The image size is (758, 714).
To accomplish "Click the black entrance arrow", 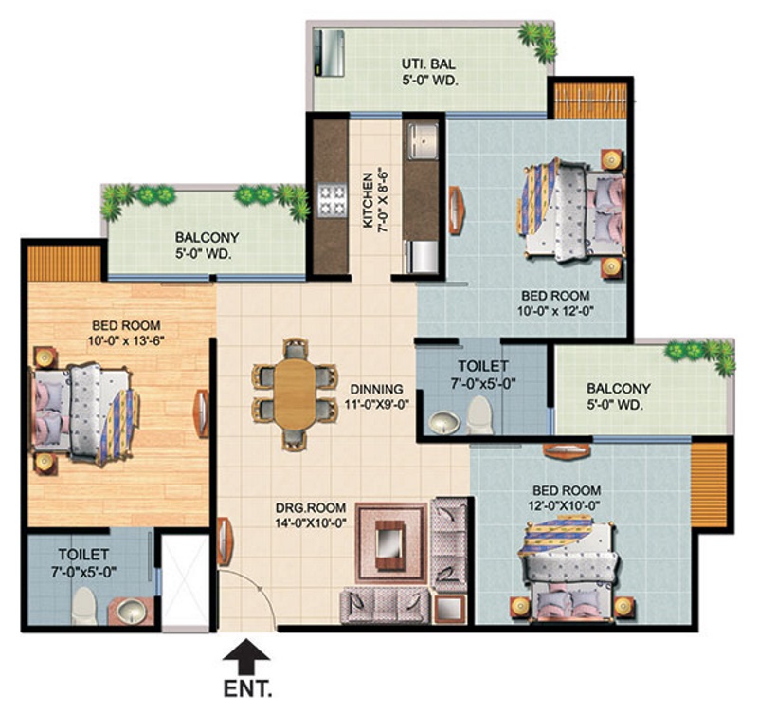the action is pos(246,656).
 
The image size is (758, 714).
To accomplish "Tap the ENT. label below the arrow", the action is pos(247,688).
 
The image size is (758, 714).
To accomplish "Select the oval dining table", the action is pos(295,394).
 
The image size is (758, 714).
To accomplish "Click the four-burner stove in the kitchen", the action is pos(333,200).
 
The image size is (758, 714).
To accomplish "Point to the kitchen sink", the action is pos(423,140).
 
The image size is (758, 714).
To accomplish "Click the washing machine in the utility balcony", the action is pos(329,53).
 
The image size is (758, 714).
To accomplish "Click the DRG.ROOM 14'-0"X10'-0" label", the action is pos(311,515).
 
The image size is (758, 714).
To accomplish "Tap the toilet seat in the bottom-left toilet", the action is pos(85,606).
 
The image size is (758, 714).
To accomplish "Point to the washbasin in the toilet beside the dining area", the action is pos(444,423).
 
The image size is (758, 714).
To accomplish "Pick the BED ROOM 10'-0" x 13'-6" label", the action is pos(126,333).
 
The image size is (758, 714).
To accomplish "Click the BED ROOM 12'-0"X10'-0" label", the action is pos(564,498).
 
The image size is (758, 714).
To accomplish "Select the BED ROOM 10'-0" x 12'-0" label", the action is pos(555,302).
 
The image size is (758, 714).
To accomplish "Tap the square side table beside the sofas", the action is pos(449,609).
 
